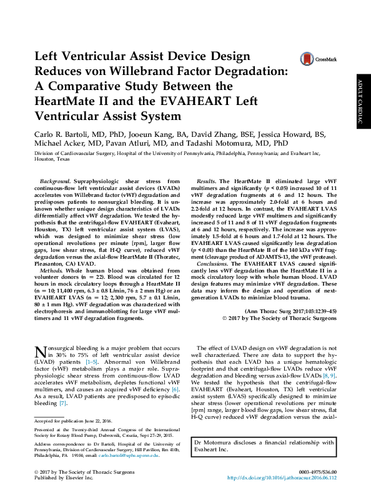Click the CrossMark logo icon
[307, 59]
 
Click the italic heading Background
[53, 180]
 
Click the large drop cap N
[40, 354]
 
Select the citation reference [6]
[176, 389]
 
